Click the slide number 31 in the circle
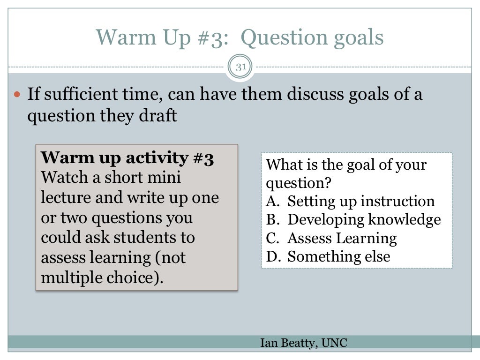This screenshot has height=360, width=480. click(x=240, y=67)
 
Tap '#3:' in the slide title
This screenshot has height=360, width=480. click(x=211, y=37)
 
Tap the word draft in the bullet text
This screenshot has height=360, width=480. click(x=156, y=115)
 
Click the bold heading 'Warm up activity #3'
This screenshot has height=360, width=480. click(x=127, y=158)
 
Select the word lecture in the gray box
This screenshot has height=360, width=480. click(x=66, y=197)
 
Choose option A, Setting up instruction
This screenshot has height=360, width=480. click(x=350, y=202)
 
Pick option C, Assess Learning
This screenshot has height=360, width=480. click(x=331, y=238)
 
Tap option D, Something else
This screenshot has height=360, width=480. click(x=328, y=256)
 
